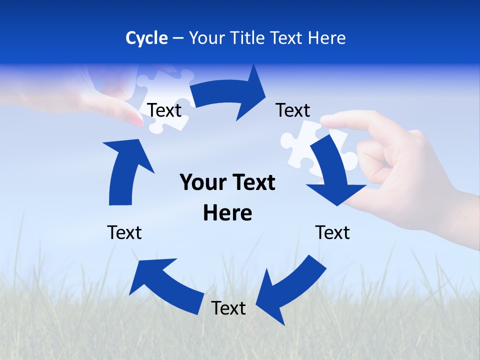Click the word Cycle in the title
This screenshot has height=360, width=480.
[x=146, y=38]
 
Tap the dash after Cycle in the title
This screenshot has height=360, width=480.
[x=178, y=38]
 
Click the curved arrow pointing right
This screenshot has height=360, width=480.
[x=230, y=95]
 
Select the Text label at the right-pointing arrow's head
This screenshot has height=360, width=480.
[x=293, y=110]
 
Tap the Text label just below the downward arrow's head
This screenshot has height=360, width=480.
[x=332, y=232]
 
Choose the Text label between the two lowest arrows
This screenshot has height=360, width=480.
[x=228, y=308]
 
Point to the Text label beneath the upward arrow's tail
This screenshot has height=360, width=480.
[x=124, y=232]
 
